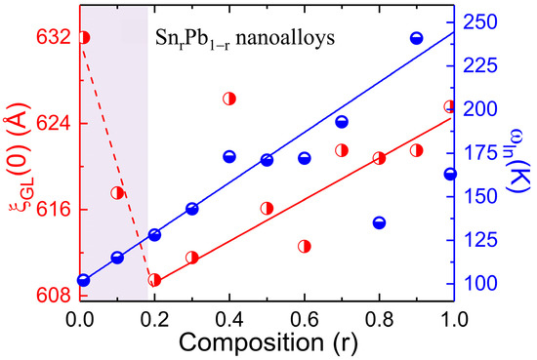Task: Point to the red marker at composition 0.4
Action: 229,99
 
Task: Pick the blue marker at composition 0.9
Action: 417,38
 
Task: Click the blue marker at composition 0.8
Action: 379,222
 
